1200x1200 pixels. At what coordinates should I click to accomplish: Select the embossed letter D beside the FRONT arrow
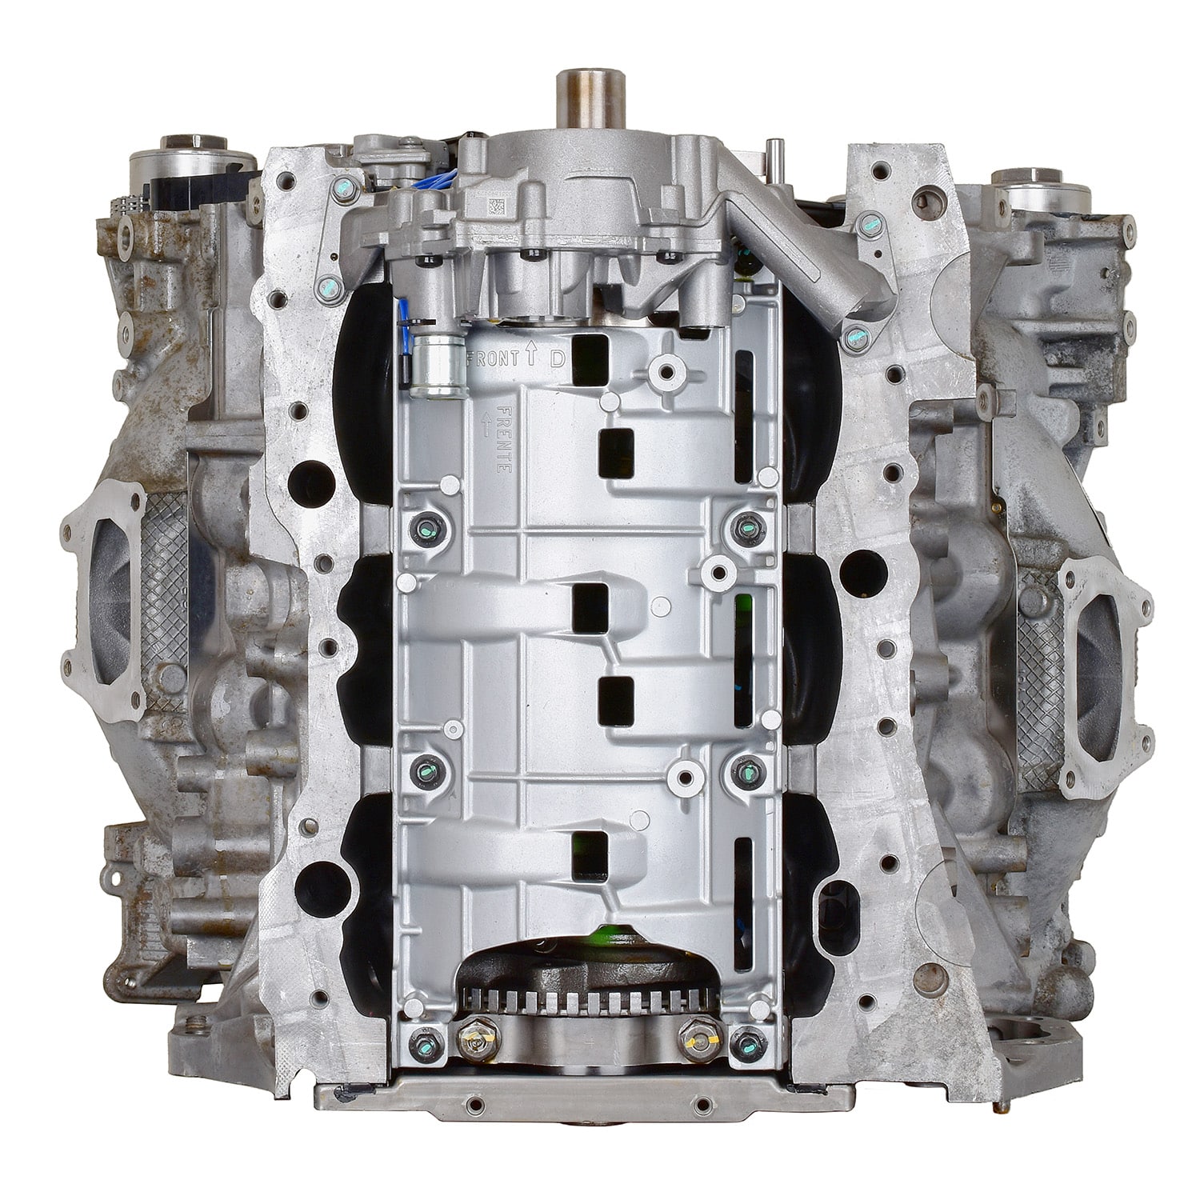coord(557,359)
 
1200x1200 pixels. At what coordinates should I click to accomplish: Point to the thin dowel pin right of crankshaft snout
coord(774,155)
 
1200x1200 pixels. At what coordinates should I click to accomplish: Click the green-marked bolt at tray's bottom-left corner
coord(424,1043)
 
